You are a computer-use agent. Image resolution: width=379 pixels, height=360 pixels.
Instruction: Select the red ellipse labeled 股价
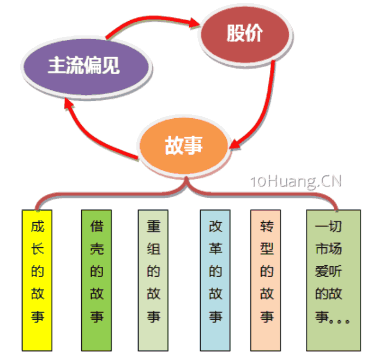point(245,35)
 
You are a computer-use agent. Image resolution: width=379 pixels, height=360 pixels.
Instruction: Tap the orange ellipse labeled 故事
point(184,145)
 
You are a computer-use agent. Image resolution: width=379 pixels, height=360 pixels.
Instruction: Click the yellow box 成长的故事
point(37,280)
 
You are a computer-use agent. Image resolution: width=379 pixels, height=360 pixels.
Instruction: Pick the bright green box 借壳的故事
point(97,280)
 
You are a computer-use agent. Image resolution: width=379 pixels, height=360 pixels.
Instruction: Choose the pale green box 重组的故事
point(153,280)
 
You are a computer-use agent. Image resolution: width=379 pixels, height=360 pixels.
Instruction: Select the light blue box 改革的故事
point(215,280)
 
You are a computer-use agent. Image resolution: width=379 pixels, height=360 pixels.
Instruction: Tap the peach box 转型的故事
point(266,280)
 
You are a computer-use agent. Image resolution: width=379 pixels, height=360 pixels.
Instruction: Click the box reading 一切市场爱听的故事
point(334,280)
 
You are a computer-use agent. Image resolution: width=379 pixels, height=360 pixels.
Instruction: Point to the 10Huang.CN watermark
point(296,181)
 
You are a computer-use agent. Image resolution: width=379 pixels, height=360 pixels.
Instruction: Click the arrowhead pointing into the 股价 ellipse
point(195,23)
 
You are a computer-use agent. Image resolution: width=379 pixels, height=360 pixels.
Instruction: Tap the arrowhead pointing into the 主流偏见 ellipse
point(69,104)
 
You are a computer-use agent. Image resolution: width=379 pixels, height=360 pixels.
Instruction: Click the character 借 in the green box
point(97,226)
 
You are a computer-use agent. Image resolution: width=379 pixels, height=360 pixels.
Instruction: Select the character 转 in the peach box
point(267,226)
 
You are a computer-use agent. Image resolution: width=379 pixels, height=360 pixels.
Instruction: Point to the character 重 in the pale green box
point(153,226)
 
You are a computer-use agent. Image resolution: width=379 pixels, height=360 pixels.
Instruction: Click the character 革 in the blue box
point(215,249)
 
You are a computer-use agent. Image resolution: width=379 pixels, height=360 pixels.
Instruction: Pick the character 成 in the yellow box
point(38,226)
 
